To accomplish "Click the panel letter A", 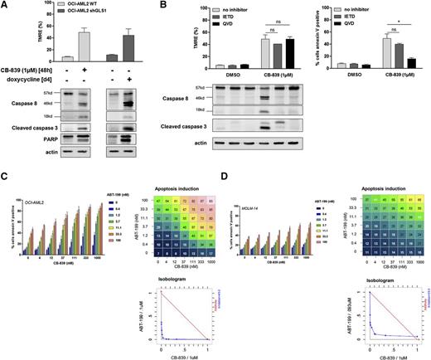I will [5, 6].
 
